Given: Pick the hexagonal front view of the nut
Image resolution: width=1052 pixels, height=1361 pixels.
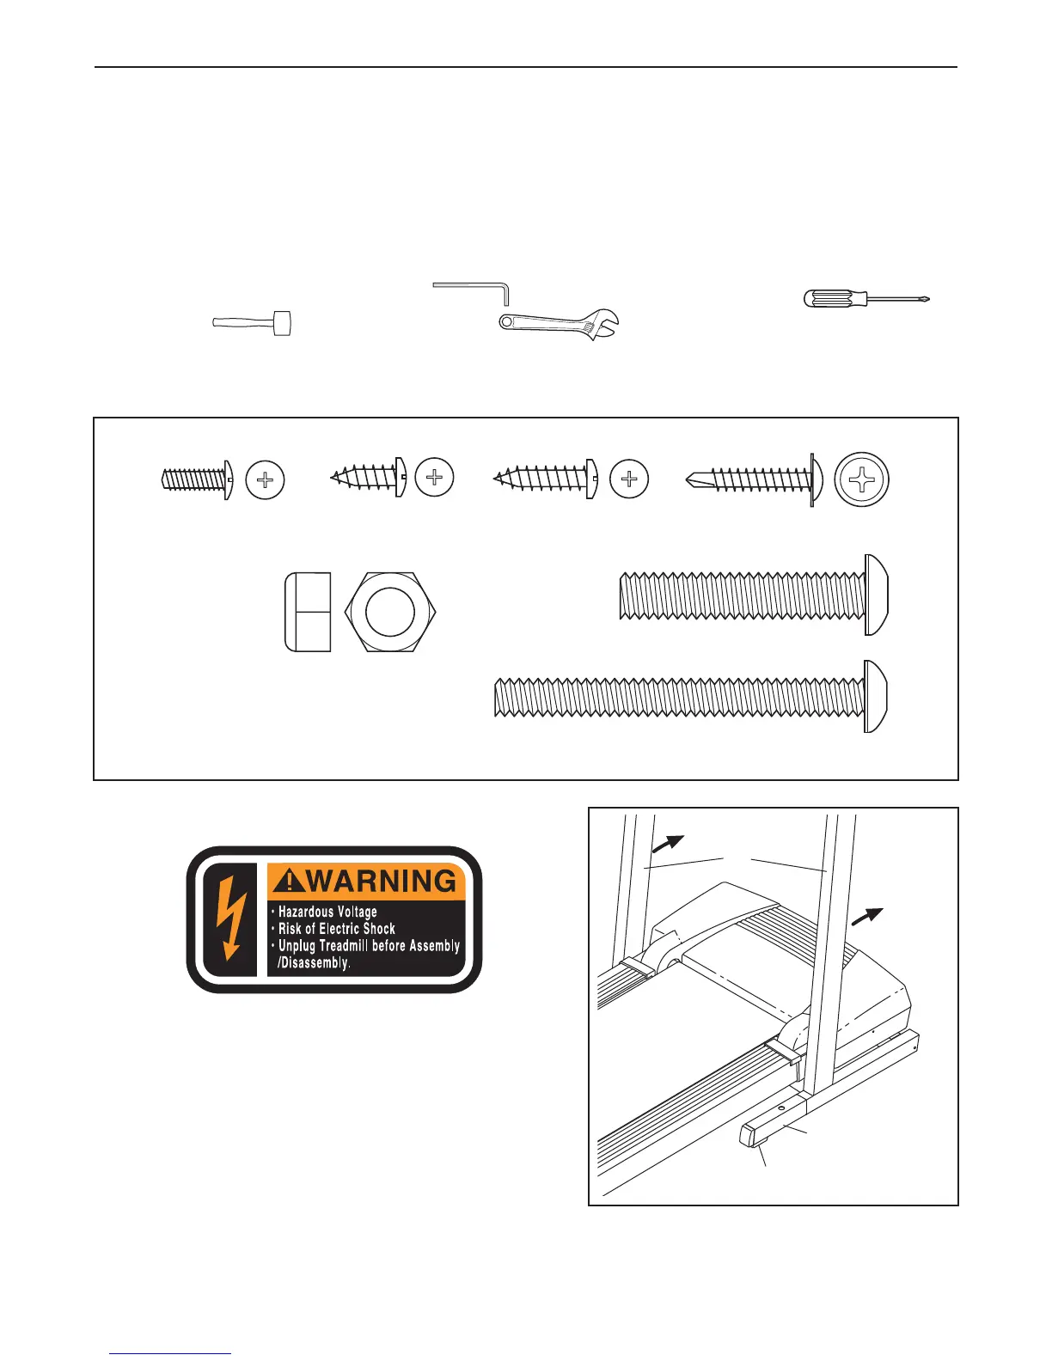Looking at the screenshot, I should [x=390, y=612].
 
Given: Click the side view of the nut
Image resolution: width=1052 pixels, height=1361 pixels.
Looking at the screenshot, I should [x=308, y=612].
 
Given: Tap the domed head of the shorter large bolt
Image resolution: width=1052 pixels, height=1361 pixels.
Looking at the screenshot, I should [x=877, y=595].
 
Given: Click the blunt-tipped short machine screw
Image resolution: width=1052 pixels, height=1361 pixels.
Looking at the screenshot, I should [x=194, y=479].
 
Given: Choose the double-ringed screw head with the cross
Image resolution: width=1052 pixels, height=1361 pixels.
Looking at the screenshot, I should [x=862, y=479].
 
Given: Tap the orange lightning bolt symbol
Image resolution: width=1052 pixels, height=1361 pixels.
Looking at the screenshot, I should [x=230, y=919].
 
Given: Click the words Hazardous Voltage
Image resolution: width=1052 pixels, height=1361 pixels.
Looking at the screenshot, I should [x=327, y=912].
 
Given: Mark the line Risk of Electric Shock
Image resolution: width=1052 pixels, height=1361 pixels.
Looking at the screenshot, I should [x=336, y=929].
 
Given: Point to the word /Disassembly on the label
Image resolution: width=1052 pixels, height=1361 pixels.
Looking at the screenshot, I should [x=314, y=963].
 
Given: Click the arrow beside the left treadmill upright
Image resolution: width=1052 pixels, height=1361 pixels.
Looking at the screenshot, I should [x=668, y=845].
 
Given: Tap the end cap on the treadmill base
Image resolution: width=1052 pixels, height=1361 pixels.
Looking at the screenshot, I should [x=750, y=1138].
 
